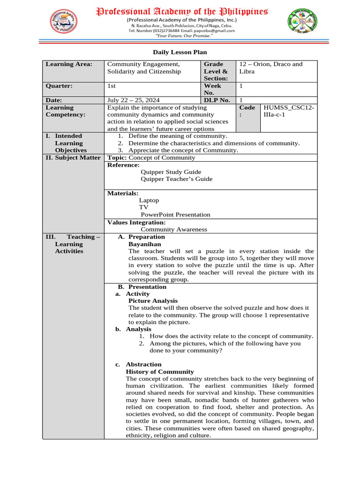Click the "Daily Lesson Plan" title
pyautogui.click(x=180, y=52)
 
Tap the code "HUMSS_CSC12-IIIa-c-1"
pyautogui.click(x=289, y=111)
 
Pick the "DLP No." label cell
pyautogui.click(x=217, y=100)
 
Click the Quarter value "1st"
pyautogui.click(x=112, y=86)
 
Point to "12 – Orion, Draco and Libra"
pyautogui.click(x=271, y=67)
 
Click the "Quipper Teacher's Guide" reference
pyautogui.click(x=176, y=179)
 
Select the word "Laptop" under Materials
pyautogui.click(x=149, y=200)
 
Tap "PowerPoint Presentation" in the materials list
pyautogui.click(x=175, y=215)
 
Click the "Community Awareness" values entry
pyautogui.click(x=174, y=229)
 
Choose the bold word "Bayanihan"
pyautogui.click(x=144, y=244)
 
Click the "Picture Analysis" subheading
pyautogui.click(x=153, y=301)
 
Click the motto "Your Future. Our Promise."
pyautogui.click(x=181, y=36)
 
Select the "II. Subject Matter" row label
pyautogui.click(x=73, y=157)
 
